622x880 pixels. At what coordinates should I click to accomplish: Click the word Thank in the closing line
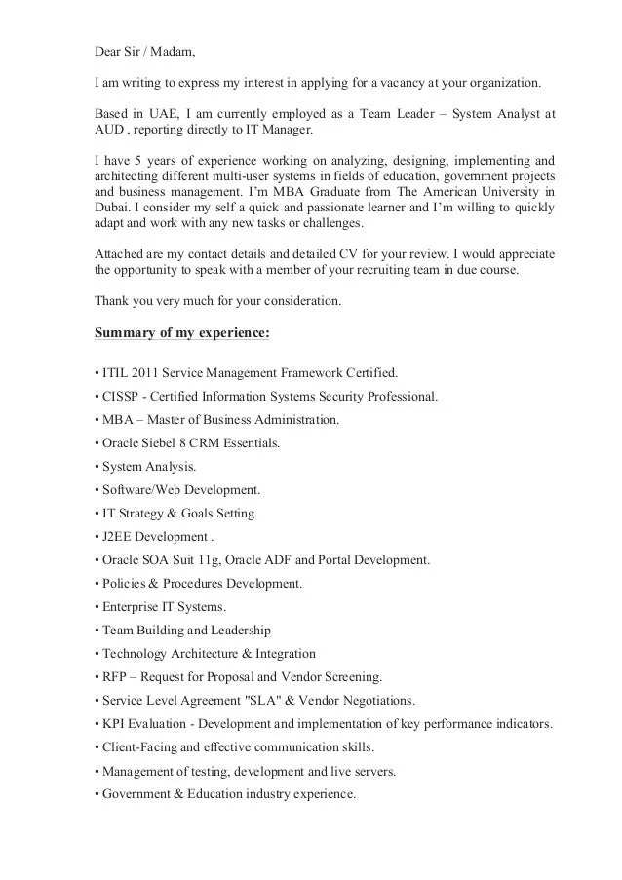click(112, 301)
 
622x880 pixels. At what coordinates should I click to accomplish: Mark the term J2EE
click(117, 536)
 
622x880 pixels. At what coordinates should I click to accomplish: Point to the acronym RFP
click(114, 676)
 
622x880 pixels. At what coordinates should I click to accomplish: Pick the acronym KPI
click(113, 724)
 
